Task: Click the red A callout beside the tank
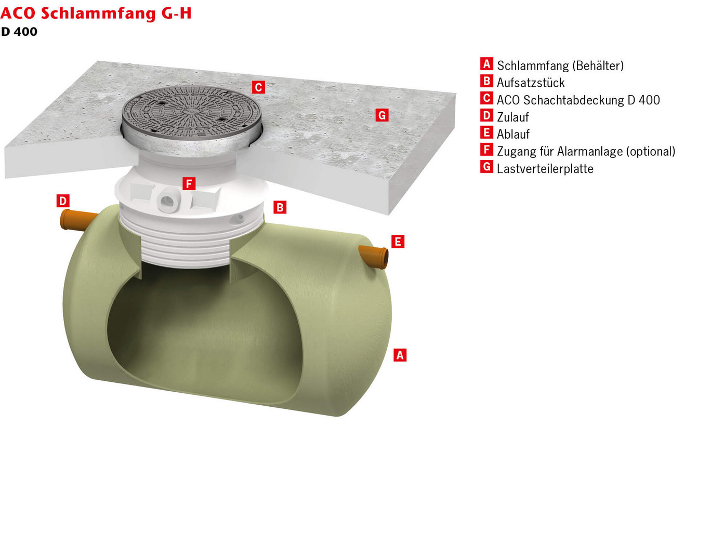(400, 355)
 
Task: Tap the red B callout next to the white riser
(280, 207)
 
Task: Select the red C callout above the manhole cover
(258, 87)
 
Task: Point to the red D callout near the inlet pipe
(63, 201)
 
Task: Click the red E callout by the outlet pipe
(398, 242)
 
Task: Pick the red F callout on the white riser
(189, 183)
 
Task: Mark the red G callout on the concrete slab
(382, 115)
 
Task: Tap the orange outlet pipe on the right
(375, 256)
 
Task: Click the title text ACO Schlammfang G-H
(96, 13)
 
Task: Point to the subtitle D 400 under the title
(19, 32)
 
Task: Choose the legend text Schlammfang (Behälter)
(560, 65)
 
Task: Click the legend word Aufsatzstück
(530, 83)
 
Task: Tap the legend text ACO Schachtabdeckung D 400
(578, 100)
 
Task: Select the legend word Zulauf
(512, 117)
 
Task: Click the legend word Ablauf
(513, 134)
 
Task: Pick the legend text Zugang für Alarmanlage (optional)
(586, 151)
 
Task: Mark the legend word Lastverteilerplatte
(545, 168)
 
